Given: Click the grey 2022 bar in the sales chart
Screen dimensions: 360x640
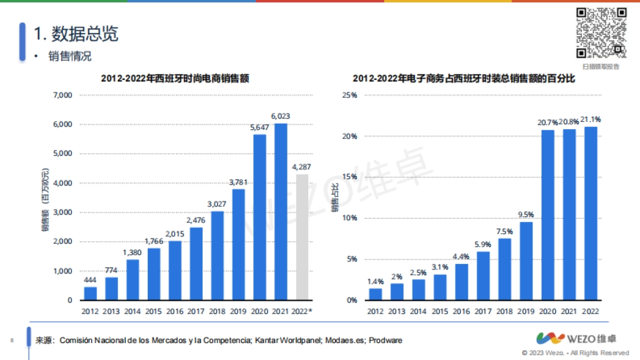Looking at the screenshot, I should point(302,237).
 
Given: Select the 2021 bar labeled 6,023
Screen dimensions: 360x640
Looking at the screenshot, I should point(281,212).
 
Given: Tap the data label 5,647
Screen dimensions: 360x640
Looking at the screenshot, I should point(260,127).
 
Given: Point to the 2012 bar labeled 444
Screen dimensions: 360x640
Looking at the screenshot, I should point(90,294).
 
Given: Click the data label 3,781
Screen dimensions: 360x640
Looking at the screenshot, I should point(238,182).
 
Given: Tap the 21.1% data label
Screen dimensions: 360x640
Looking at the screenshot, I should point(590,119).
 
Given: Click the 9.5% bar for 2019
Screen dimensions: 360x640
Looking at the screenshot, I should point(526,261).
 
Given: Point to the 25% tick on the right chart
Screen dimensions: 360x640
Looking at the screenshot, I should point(350,95).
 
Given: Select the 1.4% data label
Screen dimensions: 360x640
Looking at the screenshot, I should point(376,281).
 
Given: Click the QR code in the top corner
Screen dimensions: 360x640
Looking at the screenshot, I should point(601,33).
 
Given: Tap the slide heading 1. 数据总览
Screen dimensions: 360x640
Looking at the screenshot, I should point(76,34).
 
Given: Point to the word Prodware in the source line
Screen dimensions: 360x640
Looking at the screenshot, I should point(386,340).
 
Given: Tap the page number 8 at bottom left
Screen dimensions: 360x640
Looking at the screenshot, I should point(12,340).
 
